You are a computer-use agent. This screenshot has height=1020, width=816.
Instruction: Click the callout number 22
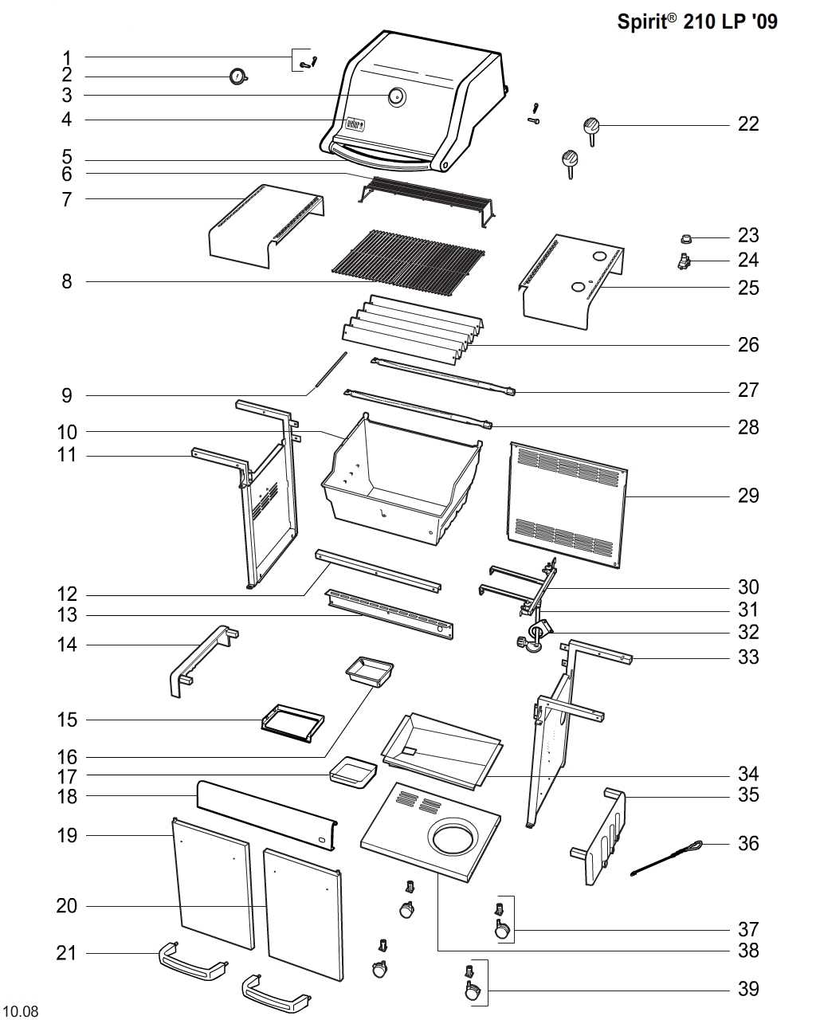747,124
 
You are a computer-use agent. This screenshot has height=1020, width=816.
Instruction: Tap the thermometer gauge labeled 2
238,76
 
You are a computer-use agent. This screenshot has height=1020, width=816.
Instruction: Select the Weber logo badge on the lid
355,124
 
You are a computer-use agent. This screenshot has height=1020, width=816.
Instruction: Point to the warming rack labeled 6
427,200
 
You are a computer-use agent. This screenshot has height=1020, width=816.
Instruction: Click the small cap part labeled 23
685,238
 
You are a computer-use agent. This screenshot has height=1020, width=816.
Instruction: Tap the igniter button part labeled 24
684,261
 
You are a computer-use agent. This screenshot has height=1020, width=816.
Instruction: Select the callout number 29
747,496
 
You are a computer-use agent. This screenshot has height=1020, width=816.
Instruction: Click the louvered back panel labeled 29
567,504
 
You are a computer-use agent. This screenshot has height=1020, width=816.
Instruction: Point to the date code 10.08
23,1009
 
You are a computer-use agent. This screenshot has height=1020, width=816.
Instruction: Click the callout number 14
67,645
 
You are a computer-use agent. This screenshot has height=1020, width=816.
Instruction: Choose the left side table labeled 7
266,226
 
